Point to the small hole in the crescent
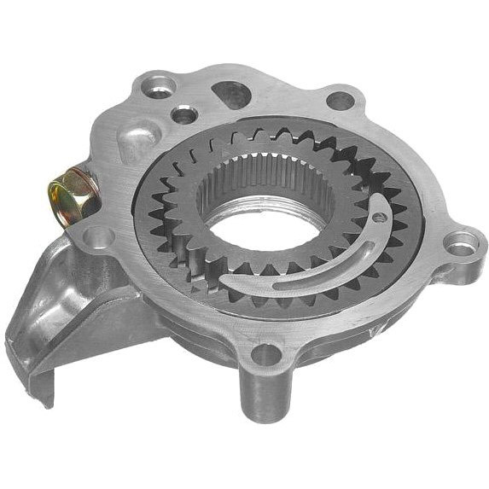378,217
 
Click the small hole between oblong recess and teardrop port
183,114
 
